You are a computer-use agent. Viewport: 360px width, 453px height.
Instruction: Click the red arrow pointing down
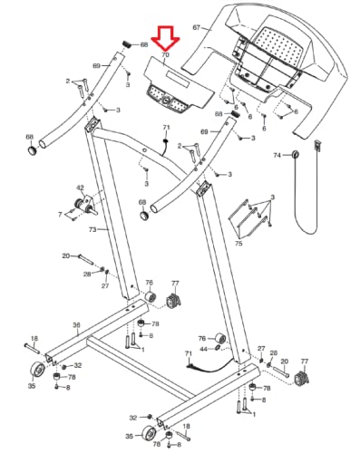(x=165, y=38)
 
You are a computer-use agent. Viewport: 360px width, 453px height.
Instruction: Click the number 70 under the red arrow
(x=165, y=55)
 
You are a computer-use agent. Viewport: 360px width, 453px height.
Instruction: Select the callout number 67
(x=197, y=27)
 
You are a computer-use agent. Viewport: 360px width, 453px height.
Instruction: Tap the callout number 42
(x=80, y=188)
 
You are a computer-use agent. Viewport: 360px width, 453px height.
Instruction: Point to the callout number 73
(x=92, y=229)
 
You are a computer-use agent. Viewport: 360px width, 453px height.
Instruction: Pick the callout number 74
(x=277, y=155)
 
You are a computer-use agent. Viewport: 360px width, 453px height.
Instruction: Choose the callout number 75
(x=238, y=244)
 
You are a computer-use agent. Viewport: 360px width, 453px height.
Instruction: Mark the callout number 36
(x=76, y=325)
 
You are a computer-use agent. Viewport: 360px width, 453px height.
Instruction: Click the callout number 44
(x=204, y=349)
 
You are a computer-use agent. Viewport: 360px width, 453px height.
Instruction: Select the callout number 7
(x=60, y=215)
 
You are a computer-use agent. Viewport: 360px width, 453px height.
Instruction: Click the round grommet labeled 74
(x=296, y=154)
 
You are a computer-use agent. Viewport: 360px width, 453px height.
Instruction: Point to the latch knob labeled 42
(x=84, y=205)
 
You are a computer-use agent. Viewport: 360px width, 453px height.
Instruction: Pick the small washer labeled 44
(x=218, y=348)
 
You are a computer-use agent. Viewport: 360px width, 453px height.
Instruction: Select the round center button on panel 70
(x=166, y=101)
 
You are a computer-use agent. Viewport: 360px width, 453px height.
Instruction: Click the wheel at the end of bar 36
(x=38, y=369)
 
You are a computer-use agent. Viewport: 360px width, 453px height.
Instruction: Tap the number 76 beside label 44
(x=202, y=339)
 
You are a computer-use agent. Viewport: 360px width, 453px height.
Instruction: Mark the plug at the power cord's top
(x=317, y=146)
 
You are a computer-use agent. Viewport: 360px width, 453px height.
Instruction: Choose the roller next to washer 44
(x=219, y=338)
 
